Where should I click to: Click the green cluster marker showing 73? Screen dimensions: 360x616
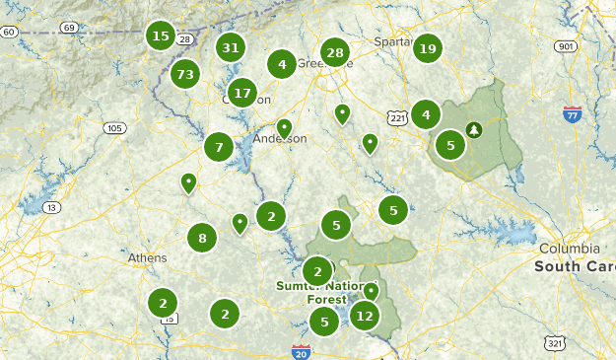coord(185,73)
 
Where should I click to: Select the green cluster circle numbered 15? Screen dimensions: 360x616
coord(161,37)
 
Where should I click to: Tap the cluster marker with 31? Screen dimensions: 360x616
coord(231,46)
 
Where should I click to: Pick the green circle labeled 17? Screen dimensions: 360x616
coord(242,93)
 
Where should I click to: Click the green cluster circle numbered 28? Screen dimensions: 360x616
coord(335,53)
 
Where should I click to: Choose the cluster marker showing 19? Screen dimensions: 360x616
coord(427,47)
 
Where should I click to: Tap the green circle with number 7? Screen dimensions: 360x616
coord(219,147)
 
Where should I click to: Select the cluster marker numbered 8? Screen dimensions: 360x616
coord(202,237)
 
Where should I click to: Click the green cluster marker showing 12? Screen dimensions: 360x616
coord(365,316)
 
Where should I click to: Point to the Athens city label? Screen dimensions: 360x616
coord(148,258)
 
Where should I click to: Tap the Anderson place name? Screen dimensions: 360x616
coord(281,139)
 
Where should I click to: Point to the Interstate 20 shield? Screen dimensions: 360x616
coord(301,352)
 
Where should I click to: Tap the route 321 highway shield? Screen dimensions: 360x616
coord(558,342)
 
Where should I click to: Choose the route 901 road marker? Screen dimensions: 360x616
coord(565,46)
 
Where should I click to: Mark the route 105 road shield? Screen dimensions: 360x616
coord(115,128)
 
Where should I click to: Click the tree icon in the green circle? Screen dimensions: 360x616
coord(474,129)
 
